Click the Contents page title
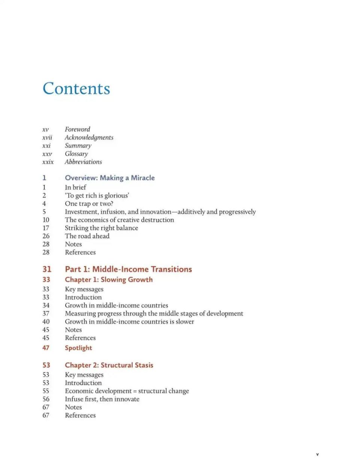tap(76, 89)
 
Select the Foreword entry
tap(77, 129)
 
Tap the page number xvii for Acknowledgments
tap(47, 137)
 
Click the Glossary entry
tap(76, 154)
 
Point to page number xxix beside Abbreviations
tap(48, 162)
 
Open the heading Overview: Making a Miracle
tap(109, 178)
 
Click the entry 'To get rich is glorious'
tap(97, 196)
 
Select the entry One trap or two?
tap(89, 204)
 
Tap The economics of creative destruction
tap(119, 220)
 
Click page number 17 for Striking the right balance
tap(46, 228)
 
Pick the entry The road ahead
tap(87, 236)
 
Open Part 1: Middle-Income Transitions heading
tap(128, 269)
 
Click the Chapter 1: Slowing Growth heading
tap(109, 279)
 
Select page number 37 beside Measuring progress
tap(46, 314)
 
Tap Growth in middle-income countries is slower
tap(129, 322)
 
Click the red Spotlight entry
tap(78, 348)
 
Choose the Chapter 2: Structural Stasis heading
tap(109, 365)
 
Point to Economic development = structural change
tap(127, 391)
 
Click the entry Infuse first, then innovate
tap(102, 399)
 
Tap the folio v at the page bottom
tap(317, 455)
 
